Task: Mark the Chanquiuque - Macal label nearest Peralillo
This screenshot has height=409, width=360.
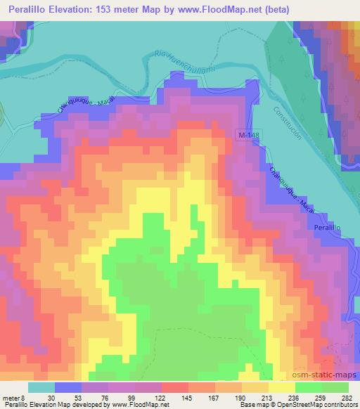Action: [x=288, y=190]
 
